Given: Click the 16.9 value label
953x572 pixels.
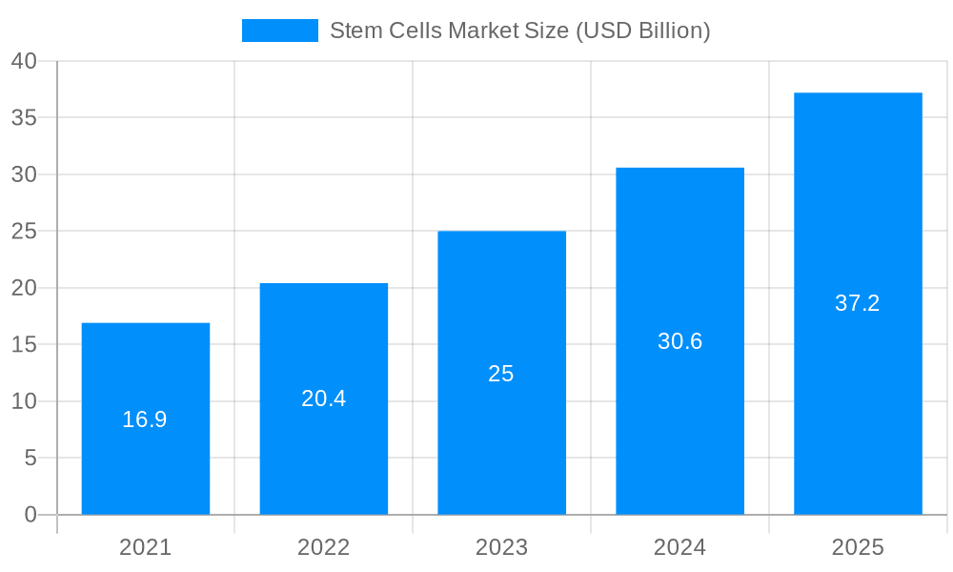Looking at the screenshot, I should [x=145, y=419].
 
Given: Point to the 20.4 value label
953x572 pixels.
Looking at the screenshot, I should [x=323, y=398].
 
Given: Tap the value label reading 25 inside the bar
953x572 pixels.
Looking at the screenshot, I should [x=501, y=374].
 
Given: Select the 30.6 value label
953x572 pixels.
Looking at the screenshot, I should [x=679, y=341].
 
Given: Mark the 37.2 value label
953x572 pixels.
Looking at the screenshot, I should [x=858, y=303].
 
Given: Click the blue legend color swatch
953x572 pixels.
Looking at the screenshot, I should [x=279, y=31].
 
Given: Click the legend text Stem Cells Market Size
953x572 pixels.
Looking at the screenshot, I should [x=519, y=31].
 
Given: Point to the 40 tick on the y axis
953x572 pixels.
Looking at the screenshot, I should [x=24, y=61].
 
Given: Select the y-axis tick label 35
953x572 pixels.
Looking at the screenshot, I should [x=24, y=118].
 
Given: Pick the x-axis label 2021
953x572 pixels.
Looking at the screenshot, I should [x=145, y=547].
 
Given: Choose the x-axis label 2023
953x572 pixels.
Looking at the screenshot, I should [x=501, y=547].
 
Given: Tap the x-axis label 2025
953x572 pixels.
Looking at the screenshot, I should [x=858, y=547].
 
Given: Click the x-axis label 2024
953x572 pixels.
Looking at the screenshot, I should [x=679, y=547].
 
